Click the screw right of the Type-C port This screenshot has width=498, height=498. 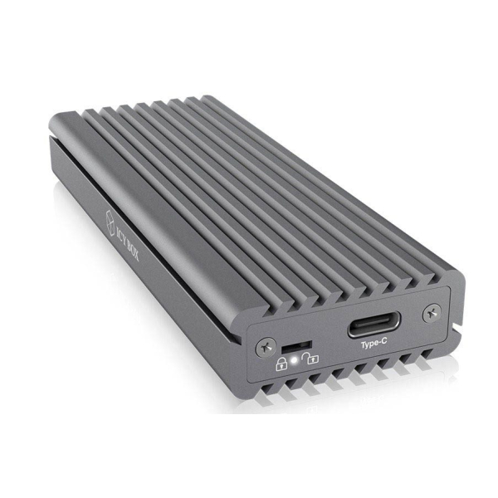[x=430, y=313]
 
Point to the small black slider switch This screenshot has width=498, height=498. [x=295, y=343]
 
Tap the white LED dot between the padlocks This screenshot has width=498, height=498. [x=295, y=360]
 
